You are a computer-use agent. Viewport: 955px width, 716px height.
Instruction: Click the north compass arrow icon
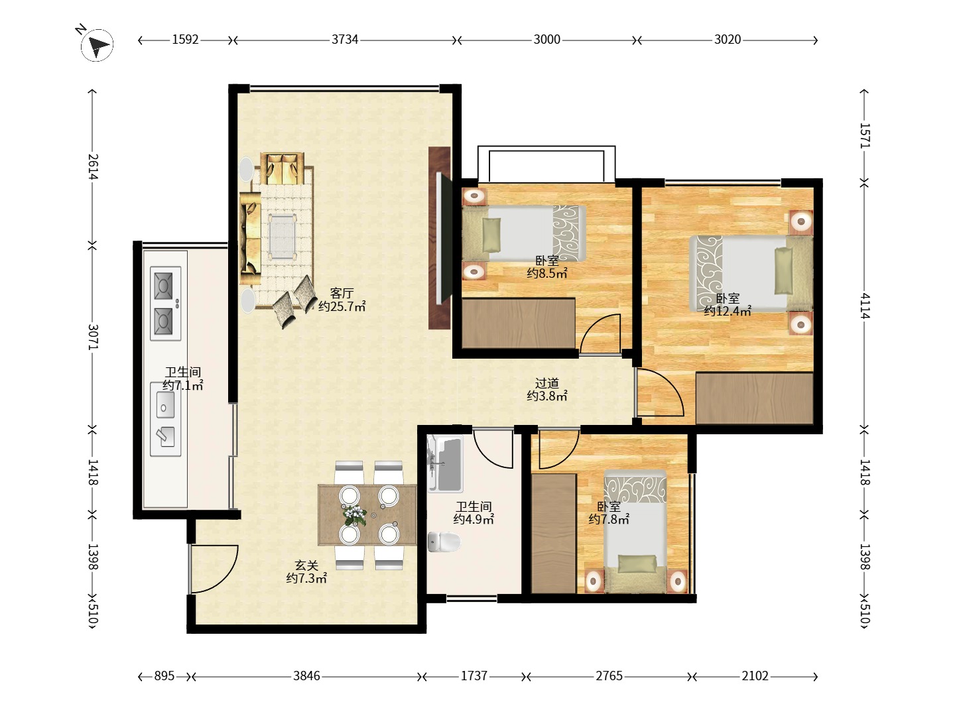[97, 44]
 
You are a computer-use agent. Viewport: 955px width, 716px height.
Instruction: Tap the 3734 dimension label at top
[345, 40]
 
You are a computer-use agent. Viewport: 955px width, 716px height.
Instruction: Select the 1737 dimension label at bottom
[474, 676]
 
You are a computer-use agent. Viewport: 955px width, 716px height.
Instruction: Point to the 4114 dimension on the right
[865, 306]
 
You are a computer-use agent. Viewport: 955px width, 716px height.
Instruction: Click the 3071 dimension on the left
[93, 337]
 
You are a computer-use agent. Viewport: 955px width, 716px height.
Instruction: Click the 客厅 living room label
[342, 294]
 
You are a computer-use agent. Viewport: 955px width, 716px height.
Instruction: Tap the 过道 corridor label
[547, 383]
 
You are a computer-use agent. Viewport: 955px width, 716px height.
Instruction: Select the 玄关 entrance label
[307, 565]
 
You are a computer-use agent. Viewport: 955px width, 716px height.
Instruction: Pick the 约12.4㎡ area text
[728, 311]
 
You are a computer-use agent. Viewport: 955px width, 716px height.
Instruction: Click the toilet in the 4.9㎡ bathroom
[444, 542]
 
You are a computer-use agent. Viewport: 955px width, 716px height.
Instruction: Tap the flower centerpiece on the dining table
[355, 515]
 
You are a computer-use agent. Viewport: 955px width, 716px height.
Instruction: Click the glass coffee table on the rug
[283, 237]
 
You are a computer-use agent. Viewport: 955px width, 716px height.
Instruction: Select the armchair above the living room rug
[282, 168]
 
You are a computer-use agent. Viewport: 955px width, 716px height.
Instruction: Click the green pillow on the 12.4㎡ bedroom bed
[783, 271]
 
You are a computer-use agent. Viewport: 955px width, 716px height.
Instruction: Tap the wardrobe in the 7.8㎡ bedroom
[554, 534]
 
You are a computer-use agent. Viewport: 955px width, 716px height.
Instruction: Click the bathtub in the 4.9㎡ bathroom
[445, 463]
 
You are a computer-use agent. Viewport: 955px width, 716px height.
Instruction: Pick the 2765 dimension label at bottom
[609, 676]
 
